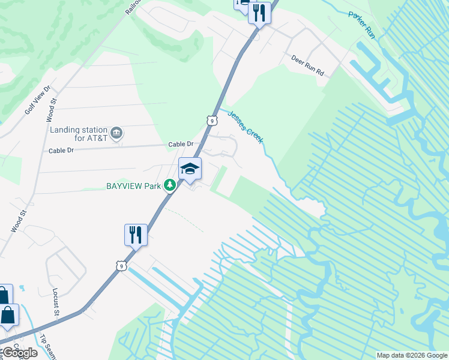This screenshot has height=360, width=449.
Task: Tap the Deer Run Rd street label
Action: (x=307, y=66)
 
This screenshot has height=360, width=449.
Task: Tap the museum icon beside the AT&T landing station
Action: (x=116, y=133)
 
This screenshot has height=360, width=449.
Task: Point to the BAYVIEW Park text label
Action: (x=133, y=186)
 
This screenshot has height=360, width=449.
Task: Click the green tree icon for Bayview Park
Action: (x=170, y=185)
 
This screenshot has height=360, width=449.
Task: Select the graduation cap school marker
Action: (x=190, y=170)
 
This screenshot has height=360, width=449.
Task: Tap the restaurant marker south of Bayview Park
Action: (x=136, y=234)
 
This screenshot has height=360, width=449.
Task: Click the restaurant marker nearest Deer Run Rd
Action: (x=259, y=12)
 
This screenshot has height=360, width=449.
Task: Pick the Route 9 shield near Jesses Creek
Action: (x=211, y=121)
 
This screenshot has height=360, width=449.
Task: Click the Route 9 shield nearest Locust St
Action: (x=122, y=265)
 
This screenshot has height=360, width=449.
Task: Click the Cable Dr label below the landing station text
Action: (x=61, y=151)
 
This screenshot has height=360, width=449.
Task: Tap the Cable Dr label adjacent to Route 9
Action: (x=181, y=144)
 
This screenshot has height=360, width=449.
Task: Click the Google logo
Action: (x=19, y=353)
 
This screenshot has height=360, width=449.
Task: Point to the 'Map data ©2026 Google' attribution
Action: (x=411, y=355)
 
